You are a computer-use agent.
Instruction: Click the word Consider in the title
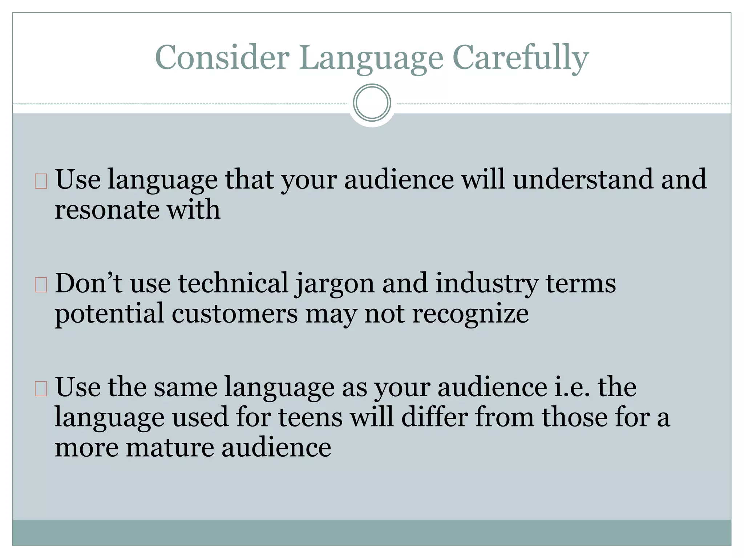pos(222,57)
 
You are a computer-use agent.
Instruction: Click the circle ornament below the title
pos(372,103)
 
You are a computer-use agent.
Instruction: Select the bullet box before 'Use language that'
pos(41,181)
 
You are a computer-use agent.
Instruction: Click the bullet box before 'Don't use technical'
pos(41,285)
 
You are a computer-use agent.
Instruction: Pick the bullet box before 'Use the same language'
pos(41,388)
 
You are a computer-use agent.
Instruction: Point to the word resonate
pos(106,210)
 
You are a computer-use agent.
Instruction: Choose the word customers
pos(235,313)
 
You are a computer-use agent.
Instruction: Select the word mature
pos(170,447)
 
